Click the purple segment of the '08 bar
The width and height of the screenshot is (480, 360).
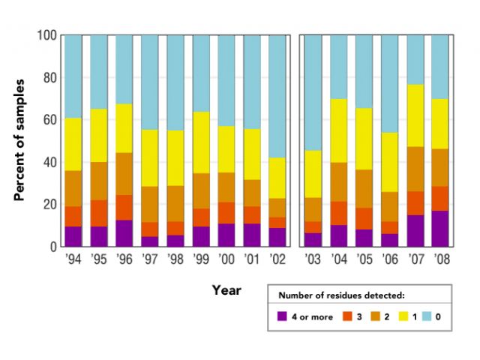[439, 228]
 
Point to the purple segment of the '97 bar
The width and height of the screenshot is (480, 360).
[149, 241]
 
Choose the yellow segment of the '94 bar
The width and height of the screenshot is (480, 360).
[73, 144]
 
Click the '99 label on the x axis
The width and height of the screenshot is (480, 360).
[200, 259]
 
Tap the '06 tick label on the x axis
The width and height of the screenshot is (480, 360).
[388, 259]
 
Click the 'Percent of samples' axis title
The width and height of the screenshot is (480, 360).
[20, 139]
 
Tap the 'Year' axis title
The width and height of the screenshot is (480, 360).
[226, 289]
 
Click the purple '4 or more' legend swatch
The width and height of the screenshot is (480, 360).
[282, 316]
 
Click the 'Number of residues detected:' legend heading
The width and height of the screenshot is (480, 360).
[342, 295]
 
